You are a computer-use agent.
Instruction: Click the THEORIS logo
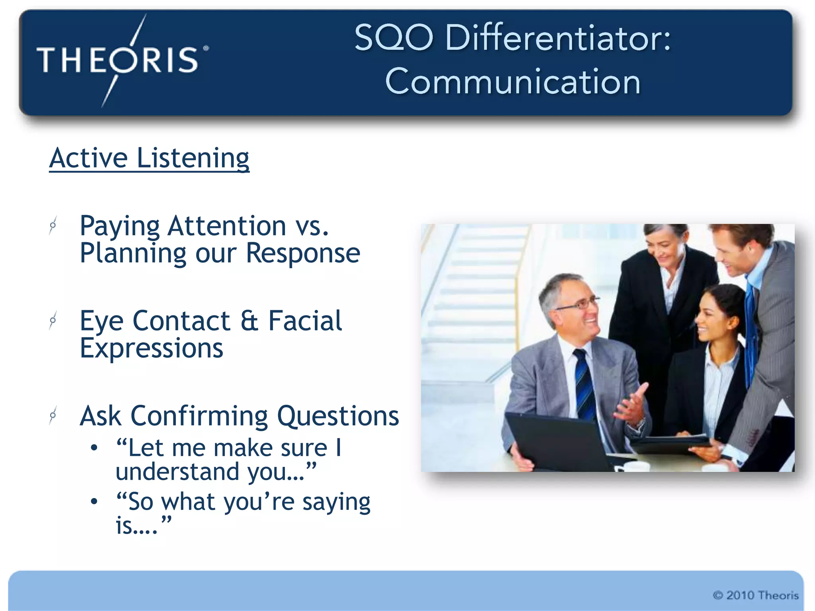click(119, 60)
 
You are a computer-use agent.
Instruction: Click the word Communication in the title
click(513, 81)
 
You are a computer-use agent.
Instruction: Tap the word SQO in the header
click(393, 38)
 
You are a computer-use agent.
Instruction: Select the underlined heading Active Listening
click(149, 158)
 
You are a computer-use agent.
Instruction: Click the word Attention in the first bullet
click(227, 226)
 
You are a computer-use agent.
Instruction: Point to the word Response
click(303, 253)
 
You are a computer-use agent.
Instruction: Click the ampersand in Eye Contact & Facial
click(250, 321)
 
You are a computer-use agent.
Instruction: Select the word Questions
click(338, 416)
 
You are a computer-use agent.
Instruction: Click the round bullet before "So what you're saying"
click(94, 502)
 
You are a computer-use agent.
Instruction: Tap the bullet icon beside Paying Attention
click(53, 226)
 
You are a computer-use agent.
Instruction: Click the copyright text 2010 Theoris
click(755, 595)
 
